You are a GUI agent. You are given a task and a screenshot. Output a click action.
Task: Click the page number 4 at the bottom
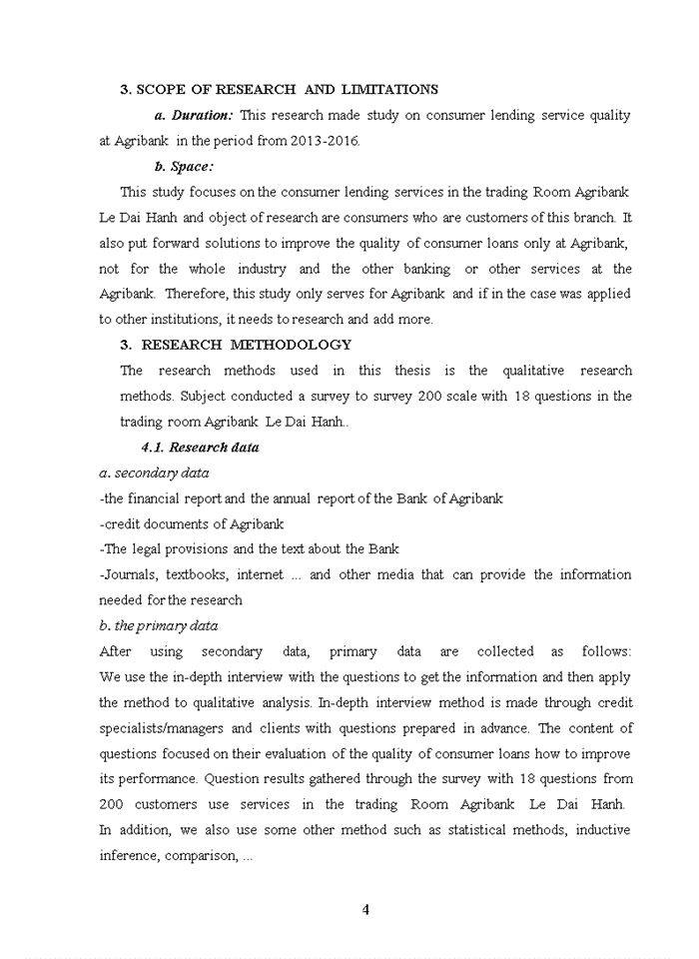365,909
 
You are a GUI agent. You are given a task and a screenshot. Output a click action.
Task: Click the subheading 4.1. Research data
200,448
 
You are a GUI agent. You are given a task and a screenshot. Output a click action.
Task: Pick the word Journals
130,574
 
